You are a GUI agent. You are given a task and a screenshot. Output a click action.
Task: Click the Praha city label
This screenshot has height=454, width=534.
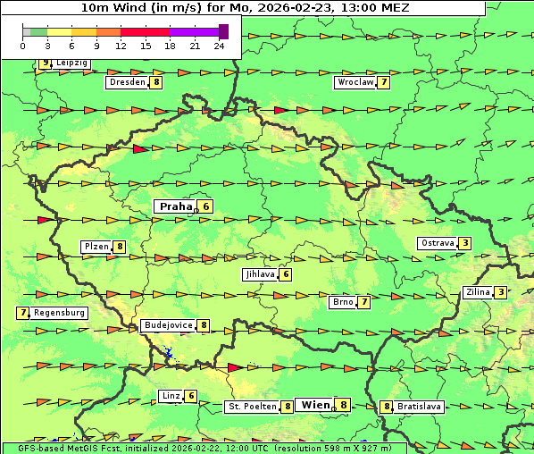point(175,206)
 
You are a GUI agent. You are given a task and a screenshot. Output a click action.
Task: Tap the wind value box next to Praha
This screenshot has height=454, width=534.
point(206,206)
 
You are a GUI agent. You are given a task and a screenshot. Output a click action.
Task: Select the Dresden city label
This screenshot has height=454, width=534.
point(126,82)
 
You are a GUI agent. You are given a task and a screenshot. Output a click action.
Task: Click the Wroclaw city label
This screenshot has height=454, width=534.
point(355,82)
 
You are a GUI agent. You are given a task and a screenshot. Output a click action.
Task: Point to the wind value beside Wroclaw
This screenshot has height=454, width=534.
point(384,82)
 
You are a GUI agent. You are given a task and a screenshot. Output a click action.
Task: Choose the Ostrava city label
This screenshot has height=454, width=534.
point(437,243)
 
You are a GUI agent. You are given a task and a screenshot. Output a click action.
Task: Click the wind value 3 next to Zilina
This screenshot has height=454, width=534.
point(501,292)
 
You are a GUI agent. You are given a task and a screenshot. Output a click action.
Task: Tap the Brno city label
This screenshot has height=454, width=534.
point(342,302)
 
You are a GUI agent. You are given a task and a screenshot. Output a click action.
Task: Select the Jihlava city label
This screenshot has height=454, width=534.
point(259,274)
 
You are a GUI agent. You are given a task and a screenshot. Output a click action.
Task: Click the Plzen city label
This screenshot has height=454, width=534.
point(96,247)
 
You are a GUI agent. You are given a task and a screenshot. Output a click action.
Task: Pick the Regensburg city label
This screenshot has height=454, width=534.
point(59,313)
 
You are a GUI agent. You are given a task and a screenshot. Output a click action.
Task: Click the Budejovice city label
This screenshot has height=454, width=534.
point(167,325)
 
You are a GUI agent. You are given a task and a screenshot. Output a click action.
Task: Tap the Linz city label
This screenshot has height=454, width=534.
point(171,396)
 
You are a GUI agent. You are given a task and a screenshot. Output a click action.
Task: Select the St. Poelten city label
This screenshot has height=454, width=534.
point(252,407)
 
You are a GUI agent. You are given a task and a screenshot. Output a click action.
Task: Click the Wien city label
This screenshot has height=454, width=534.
point(314,405)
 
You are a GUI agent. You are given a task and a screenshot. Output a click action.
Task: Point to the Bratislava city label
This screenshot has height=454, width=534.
point(419,407)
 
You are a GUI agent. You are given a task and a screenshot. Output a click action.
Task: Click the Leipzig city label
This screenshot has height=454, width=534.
point(71,63)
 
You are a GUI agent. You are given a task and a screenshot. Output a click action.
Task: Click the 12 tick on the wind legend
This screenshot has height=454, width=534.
point(121,45)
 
